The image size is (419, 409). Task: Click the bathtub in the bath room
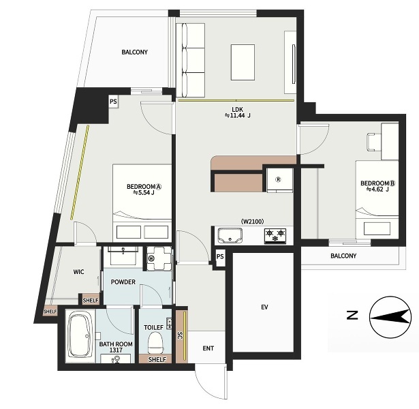(x=80, y=335)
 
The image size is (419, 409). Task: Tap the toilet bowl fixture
(x=156, y=343)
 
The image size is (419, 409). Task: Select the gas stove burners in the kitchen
(x=275, y=235)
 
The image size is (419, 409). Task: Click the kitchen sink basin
(x=230, y=235)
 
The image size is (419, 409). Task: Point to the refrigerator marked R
(x=280, y=180)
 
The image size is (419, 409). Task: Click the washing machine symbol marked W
(x=159, y=258)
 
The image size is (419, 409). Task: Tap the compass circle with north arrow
(x=390, y=317)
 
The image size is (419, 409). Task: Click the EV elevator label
(x=264, y=307)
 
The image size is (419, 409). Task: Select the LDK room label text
(x=237, y=109)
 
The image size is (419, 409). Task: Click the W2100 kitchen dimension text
(x=253, y=222)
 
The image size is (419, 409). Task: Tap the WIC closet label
(x=78, y=272)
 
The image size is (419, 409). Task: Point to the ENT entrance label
(x=208, y=348)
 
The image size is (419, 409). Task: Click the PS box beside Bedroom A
(x=113, y=102)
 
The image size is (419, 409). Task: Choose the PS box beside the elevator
(x=220, y=257)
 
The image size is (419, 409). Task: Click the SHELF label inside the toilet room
(x=157, y=359)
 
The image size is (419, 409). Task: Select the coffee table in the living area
(x=243, y=62)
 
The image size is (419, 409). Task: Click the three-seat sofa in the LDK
(x=190, y=60)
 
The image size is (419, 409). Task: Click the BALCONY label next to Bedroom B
(x=343, y=256)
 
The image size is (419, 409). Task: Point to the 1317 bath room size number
(x=116, y=350)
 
